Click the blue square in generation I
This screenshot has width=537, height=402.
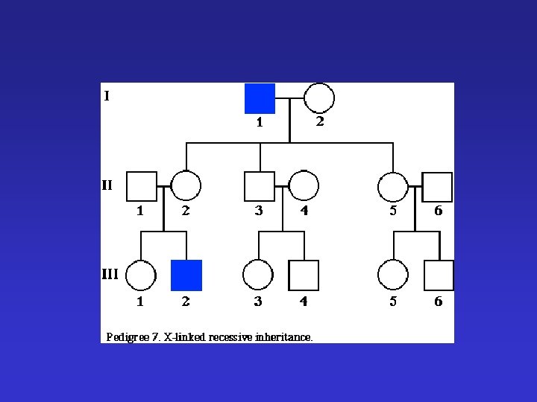[x=260, y=98]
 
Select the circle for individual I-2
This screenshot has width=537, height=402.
[x=319, y=98]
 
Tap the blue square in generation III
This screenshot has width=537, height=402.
[x=186, y=275]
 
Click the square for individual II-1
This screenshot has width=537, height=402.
[x=141, y=186]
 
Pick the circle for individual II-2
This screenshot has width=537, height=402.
[x=186, y=186]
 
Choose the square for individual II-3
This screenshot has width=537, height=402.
[x=260, y=186]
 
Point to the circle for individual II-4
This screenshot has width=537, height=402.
[x=304, y=186]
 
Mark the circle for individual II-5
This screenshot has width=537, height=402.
[x=393, y=186]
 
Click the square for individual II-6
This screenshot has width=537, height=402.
[x=438, y=186]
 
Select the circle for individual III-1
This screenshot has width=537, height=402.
[x=141, y=275]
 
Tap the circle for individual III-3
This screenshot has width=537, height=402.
[x=258, y=275]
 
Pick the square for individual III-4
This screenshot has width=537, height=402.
[x=304, y=275]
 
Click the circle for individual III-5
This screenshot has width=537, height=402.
[x=393, y=275]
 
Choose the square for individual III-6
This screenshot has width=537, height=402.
[x=439, y=275]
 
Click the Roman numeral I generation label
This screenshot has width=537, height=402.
[x=107, y=95]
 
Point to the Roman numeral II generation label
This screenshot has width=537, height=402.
[x=107, y=184]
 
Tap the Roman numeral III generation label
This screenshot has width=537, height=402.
[x=110, y=273]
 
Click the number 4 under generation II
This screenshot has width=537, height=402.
[x=304, y=211]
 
